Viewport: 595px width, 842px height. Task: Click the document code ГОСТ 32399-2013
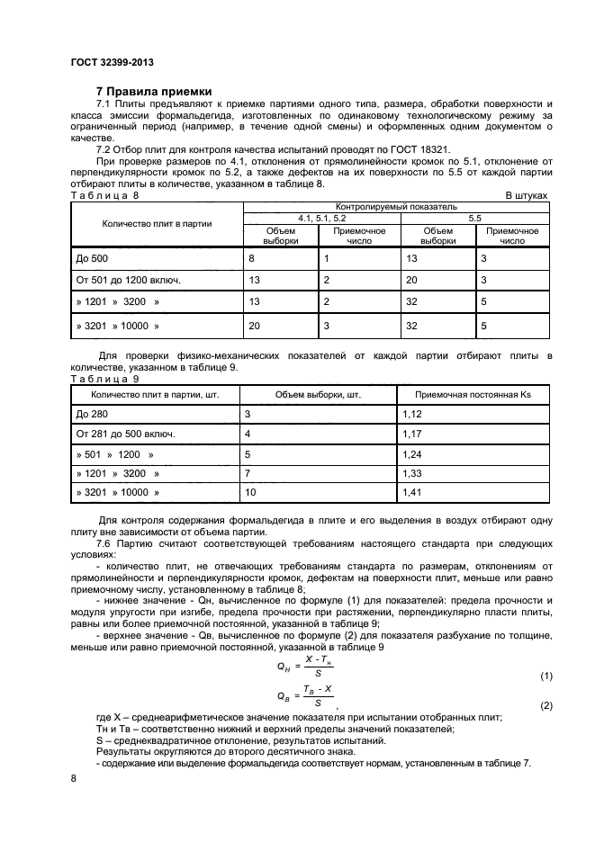[111, 63]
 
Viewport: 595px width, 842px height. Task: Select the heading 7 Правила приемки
[154, 92]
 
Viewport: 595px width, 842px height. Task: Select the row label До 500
[92, 258]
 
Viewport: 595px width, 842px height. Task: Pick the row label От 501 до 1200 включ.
[128, 280]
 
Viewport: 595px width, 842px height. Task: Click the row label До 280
[92, 414]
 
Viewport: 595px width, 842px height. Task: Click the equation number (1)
[545, 675]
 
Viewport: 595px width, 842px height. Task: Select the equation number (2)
[545, 705]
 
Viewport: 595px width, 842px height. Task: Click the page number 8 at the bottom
[73, 780]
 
